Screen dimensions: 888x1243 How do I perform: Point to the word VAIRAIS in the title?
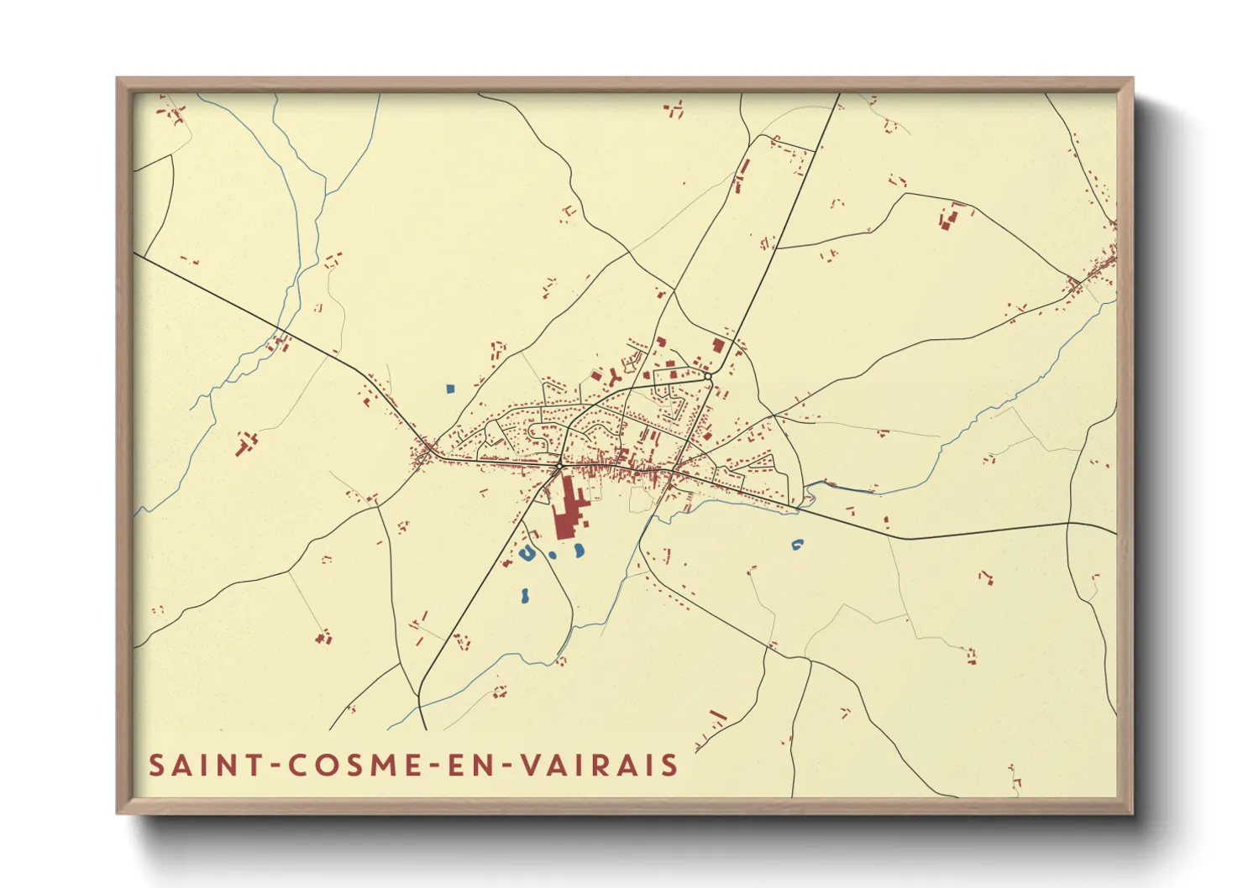598,765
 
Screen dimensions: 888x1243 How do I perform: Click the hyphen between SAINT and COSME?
273,766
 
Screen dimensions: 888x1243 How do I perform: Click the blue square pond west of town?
450,389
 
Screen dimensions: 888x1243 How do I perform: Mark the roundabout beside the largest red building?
559,466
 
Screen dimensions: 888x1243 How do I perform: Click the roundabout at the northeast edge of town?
709,377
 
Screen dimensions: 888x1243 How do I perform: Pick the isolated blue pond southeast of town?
797,545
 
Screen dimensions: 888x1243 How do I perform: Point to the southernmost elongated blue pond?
524,596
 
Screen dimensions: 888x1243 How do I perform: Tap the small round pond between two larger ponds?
552,555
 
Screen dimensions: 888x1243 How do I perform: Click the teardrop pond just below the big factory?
579,551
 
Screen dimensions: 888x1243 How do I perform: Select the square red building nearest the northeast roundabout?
718,345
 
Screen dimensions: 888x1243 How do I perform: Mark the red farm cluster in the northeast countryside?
947,219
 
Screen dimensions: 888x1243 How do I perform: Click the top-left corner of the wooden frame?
118,79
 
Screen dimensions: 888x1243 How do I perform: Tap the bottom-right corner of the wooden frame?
1132,812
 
